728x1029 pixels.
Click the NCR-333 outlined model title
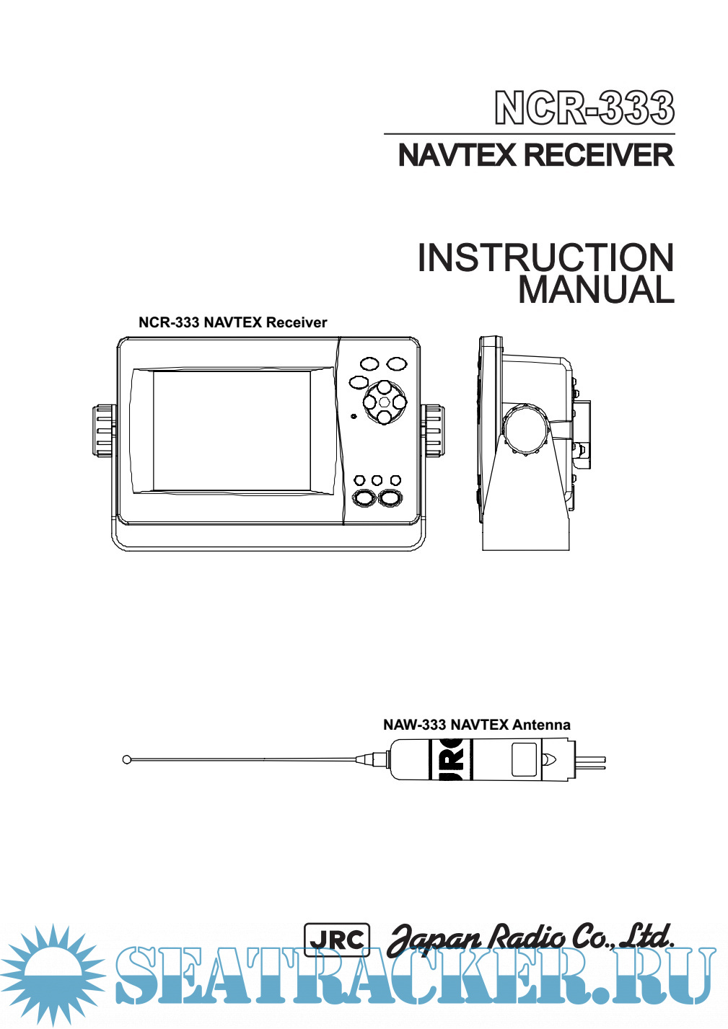tap(584, 108)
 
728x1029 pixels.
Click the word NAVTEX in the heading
tap(456, 156)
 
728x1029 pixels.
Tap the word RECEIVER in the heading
tap(598, 156)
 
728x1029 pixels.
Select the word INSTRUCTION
tap(545, 258)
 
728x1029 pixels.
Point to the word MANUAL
tap(596, 290)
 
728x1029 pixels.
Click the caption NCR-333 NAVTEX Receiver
tap(232, 322)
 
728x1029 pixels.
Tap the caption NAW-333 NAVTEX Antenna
tap(476, 725)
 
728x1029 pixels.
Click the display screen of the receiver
tap(232, 430)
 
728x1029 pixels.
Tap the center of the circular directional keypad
tap(384, 402)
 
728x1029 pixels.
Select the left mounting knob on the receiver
tap(105, 430)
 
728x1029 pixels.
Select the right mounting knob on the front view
tap(433, 430)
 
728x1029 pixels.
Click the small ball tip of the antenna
tap(127, 759)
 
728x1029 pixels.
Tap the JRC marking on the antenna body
tap(452, 760)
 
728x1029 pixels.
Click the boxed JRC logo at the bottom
tap(337, 940)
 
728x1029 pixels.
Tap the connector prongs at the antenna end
tap(593, 761)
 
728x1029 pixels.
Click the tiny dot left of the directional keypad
tap(353, 416)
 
